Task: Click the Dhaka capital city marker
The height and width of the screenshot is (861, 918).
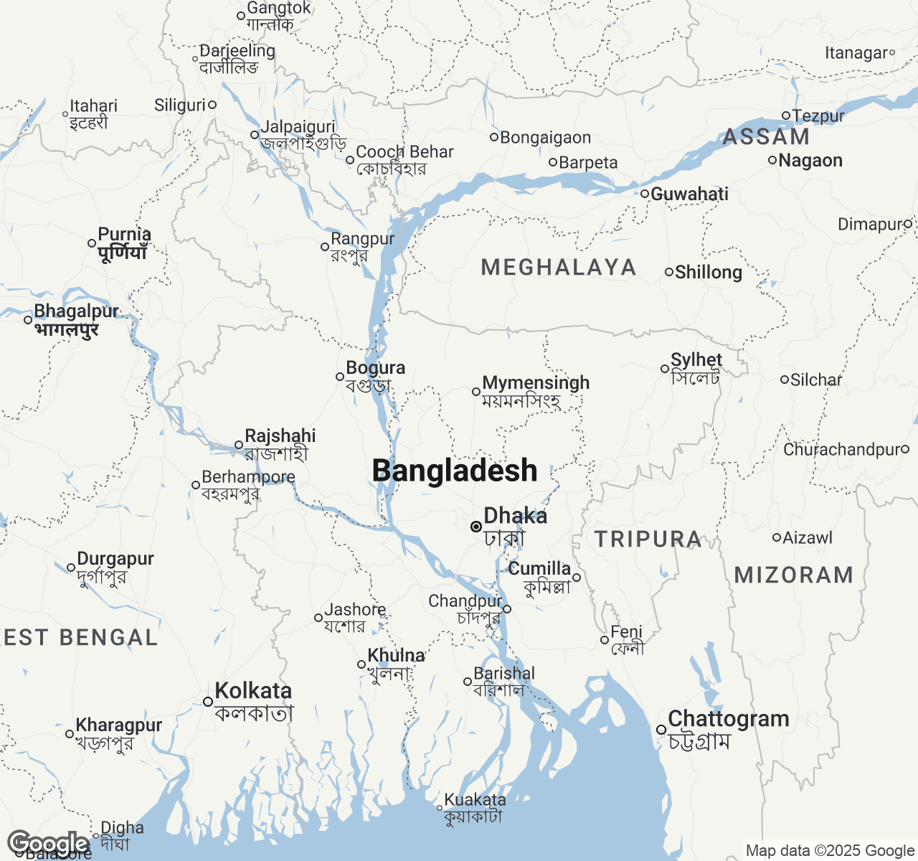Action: click(x=475, y=527)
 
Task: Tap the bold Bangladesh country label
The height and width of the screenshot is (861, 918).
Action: click(x=455, y=471)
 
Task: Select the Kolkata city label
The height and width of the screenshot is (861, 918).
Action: click(x=253, y=691)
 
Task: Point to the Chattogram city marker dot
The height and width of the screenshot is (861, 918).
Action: click(x=661, y=730)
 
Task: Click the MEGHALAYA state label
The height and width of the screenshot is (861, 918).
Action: click(x=559, y=268)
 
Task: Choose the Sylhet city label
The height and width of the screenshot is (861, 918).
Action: click(x=696, y=359)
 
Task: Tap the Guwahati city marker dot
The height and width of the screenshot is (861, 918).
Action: click(x=645, y=194)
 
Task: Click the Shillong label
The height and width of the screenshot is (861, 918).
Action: click(x=708, y=272)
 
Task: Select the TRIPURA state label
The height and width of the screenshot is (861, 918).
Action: click(x=648, y=540)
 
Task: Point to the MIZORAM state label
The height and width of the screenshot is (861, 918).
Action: click(x=794, y=575)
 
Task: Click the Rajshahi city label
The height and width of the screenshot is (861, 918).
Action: click(x=280, y=436)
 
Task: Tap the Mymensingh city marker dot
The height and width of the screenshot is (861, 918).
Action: click(x=475, y=392)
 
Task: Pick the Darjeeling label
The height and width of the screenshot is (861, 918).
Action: click(x=237, y=51)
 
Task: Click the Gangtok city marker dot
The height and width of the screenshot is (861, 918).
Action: click(x=241, y=16)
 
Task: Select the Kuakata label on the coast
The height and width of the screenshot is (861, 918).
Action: click(x=475, y=799)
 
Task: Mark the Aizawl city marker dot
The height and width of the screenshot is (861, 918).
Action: click(x=776, y=537)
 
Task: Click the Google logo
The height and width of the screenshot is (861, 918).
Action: click(x=47, y=844)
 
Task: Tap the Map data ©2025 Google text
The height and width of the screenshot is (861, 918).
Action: click(x=830, y=851)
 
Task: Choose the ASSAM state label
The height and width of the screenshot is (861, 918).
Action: click(x=765, y=137)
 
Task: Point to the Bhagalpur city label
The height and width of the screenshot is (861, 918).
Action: click(x=77, y=311)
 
